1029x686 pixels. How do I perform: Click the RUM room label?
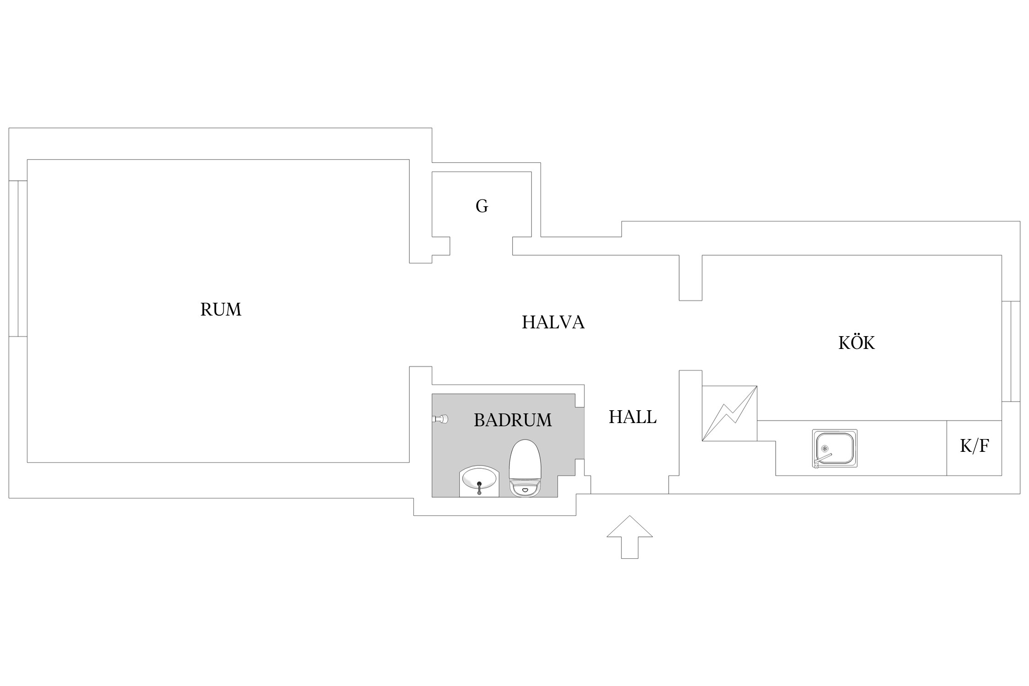click(220, 310)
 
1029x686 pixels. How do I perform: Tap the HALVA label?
click(553, 322)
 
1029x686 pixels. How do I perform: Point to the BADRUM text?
click(513, 420)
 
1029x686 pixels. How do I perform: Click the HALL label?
click(632, 417)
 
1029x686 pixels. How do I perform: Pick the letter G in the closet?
click(482, 206)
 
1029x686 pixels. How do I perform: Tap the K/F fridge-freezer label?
click(975, 445)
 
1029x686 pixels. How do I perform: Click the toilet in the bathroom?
click(525, 468)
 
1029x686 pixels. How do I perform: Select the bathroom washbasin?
click(479, 481)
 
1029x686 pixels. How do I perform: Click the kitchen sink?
click(835, 448)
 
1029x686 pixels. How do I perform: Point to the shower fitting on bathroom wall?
click(440, 418)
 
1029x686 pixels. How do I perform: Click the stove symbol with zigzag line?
click(729, 413)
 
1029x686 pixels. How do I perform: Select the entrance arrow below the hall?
click(629, 537)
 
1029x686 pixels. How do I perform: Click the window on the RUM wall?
click(18, 258)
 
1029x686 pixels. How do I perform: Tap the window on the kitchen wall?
click(1011, 351)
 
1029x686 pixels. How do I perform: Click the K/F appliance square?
click(975, 448)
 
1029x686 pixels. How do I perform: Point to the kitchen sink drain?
click(825, 449)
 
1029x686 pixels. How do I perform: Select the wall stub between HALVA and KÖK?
click(691, 278)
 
